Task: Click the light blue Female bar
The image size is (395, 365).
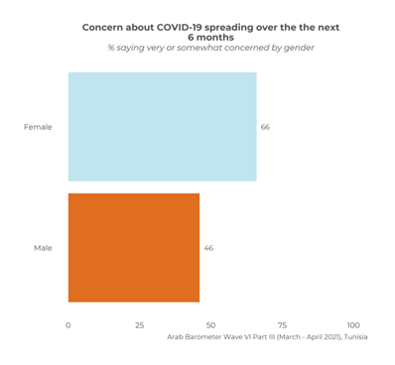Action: click(162, 127)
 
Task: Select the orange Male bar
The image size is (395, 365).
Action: click(133, 247)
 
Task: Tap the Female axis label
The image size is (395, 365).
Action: click(38, 127)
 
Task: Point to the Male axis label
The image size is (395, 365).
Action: click(42, 247)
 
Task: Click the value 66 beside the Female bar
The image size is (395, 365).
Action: click(265, 127)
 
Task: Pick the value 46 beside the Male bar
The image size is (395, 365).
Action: click(208, 247)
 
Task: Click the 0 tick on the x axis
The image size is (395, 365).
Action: click(68, 325)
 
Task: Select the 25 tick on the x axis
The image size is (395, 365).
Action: click(140, 325)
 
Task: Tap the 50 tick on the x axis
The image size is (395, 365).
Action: click(211, 325)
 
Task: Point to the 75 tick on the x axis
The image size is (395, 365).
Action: click(283, 325)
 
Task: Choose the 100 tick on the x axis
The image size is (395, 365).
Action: click(353, 325)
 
